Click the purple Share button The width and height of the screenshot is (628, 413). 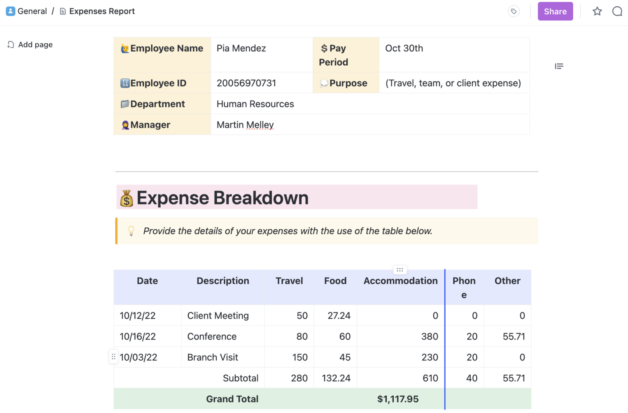point(555,11)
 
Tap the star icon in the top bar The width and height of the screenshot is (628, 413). point(597,11)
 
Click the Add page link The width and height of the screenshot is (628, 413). point(35,45)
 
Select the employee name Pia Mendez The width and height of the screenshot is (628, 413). point(241,49)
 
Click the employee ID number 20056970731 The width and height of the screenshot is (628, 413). point(246,83)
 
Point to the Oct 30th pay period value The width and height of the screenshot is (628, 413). point(404,49)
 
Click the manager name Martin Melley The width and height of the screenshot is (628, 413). point(245,125)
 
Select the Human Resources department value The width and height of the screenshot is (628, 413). point(255,104)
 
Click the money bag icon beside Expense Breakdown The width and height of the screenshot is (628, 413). point(126,198)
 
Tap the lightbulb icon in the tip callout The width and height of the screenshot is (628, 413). point(131,231)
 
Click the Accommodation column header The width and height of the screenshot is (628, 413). point(400,281)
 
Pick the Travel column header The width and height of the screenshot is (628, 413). point(289,281)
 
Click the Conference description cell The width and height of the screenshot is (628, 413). point(212,337)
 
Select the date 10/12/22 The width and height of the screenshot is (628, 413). point(137,316)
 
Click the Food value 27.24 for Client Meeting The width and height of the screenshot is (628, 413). point(339,316)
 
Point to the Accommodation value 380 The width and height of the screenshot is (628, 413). point(429,337)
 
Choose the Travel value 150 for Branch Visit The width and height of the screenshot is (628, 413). point(300,357)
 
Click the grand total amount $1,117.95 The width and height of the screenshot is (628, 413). point(398,399)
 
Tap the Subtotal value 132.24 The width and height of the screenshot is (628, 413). point(336,378)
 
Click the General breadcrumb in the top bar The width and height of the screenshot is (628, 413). point(32,11)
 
